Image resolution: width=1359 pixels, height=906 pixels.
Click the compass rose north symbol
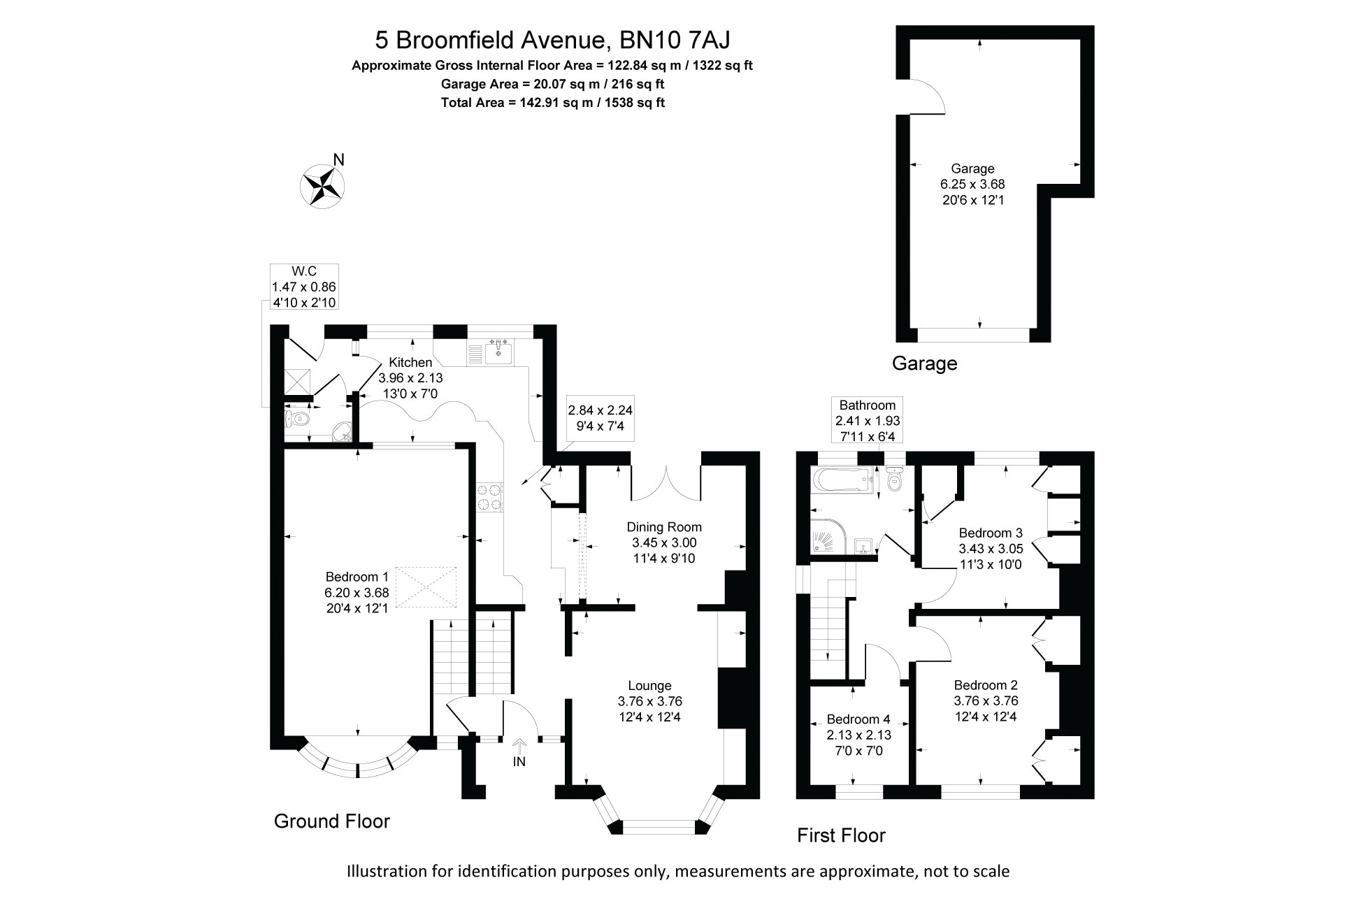(323, 185)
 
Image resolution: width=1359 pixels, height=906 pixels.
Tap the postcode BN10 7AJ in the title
(675, 40)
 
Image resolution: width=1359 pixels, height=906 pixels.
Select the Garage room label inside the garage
(972, 168)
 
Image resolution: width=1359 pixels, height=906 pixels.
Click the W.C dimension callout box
(304, 287)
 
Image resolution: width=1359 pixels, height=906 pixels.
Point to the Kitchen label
(410, 362)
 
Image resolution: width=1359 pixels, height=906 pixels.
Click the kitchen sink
(498, 353)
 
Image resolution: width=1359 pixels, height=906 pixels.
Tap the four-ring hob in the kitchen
(489, 497)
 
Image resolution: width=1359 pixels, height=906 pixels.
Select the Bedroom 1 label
(357, 577)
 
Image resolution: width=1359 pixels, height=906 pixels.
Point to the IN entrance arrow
(519, 747)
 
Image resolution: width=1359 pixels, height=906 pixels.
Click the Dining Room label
(664, 527)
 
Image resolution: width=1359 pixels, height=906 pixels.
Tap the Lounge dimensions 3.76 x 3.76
(649, 701)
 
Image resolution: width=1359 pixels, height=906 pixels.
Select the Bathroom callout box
(868, 420)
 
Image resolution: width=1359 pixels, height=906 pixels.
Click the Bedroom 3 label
(991, 533)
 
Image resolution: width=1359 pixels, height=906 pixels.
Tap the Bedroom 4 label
(858, 719)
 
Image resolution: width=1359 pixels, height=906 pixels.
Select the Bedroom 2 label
(986, 685)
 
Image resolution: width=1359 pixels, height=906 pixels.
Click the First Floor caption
(841, 835)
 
